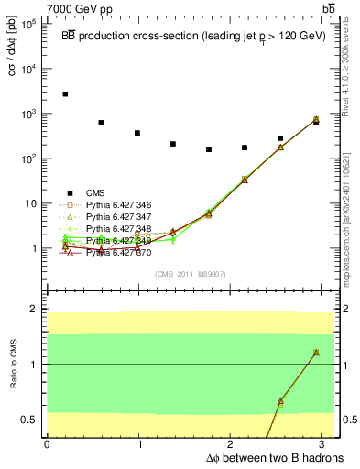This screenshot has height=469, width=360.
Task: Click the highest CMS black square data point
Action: (x=65, y=93)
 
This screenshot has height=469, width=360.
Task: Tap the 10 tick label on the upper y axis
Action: (x=33, y=203)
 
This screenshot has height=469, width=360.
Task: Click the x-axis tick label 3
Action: (x=326, y=444)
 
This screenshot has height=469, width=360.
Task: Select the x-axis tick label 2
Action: (x=233, y=444)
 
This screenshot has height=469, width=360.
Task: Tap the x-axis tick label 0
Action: (x=47, y=444)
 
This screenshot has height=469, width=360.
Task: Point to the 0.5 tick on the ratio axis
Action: (x=31, y=420)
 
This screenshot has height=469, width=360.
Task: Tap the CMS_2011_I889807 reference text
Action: (x=191, y=274)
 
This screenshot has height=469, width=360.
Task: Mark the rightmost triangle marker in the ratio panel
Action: (x=316, y=353)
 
